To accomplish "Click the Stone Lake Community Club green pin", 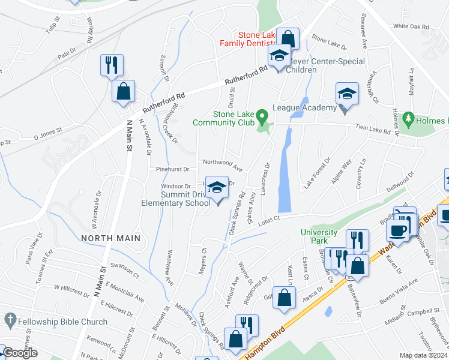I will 262,115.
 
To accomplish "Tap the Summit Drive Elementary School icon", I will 217,188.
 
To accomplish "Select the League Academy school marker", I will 346,95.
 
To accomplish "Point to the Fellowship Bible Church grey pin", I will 9,319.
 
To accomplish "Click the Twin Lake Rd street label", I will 373,128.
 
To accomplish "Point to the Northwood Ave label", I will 222,161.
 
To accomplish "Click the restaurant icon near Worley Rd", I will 112,65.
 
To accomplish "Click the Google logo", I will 20,353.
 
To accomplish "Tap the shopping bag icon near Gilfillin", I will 285,297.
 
